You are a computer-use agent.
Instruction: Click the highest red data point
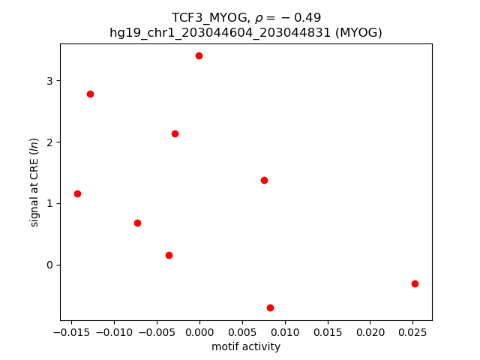[x=199, y=55]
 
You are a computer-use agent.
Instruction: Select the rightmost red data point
[x=415, y=283]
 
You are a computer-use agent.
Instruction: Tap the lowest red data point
[x=270, y=307]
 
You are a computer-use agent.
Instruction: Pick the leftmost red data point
[x=77, y=193]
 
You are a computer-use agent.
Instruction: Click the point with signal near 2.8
[x=90, y=94]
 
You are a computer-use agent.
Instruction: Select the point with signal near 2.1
[x=175, y=133]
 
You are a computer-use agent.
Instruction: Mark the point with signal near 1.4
[x=264, y=180]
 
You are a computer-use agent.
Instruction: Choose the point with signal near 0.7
[x=137, y=223]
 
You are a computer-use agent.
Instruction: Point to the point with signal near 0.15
[x=169, y=255]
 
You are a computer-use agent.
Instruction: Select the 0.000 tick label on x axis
[x=199, y=332]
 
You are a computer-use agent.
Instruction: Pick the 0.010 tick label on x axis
[x=284, y=332]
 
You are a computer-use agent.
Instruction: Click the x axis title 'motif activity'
[x=246, y=346]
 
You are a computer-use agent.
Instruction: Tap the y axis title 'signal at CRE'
[x=34, y=182]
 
